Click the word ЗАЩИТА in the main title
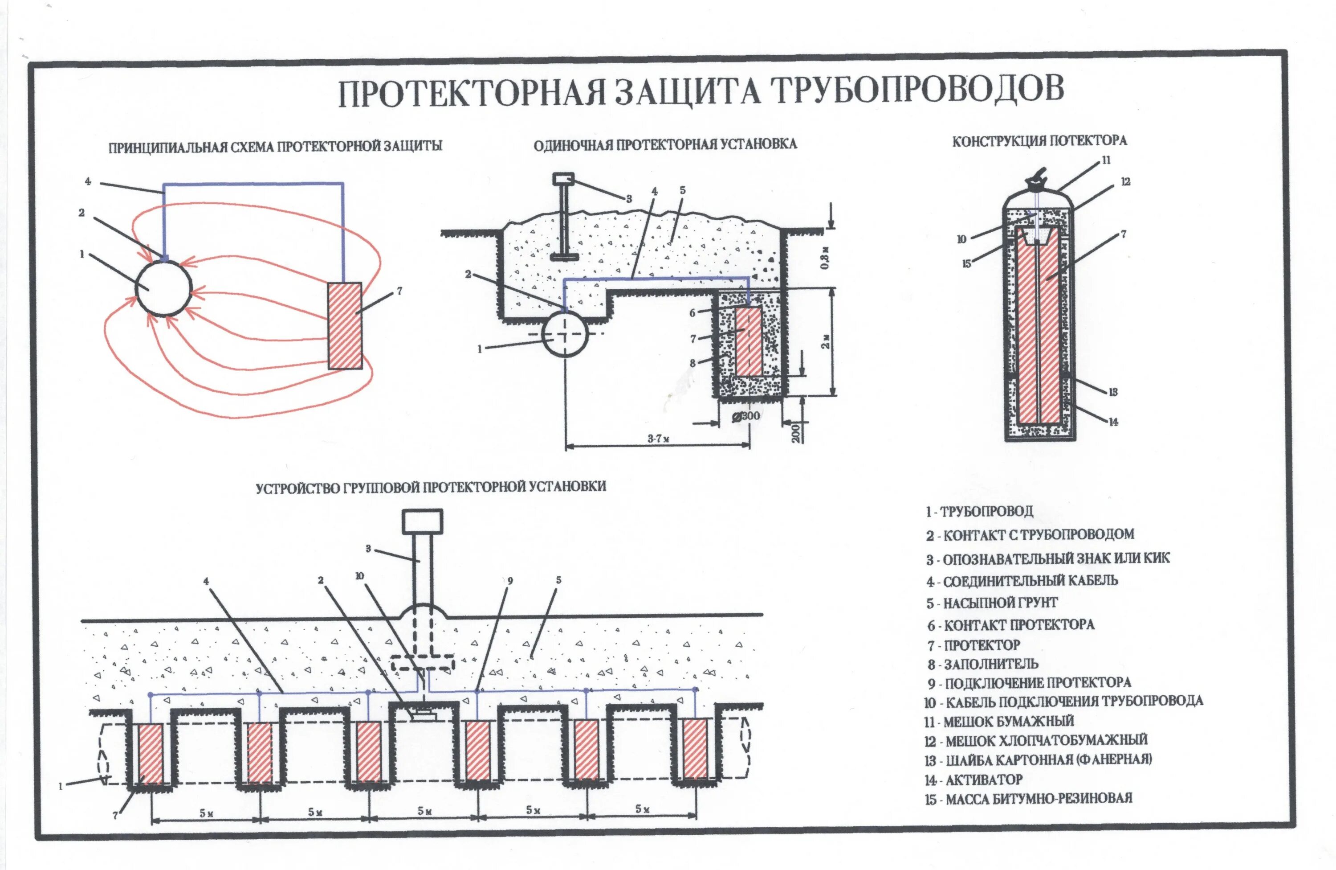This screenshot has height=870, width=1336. click(687, 92)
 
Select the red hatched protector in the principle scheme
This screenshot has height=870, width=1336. click(345, 326)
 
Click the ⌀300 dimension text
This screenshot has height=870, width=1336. click(746, 416)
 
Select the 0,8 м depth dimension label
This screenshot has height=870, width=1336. click(825, 258)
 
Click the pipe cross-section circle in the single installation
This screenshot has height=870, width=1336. click(565, 334)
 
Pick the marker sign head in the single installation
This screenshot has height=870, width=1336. click(563, 179)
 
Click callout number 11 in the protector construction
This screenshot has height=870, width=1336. click(1106, 160)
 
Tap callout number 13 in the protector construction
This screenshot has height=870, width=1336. click(1113, 392)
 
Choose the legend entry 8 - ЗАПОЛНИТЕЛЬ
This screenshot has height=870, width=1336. click(982, 665)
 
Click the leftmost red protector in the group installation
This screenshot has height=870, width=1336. click(151, 754)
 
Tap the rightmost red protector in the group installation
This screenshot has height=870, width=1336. click(695, 749)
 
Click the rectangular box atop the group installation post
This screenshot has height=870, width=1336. click(422, 521)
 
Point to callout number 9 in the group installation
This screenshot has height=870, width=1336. click(510, 581)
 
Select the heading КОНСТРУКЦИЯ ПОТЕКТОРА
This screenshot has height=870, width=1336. click(1039, 141)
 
